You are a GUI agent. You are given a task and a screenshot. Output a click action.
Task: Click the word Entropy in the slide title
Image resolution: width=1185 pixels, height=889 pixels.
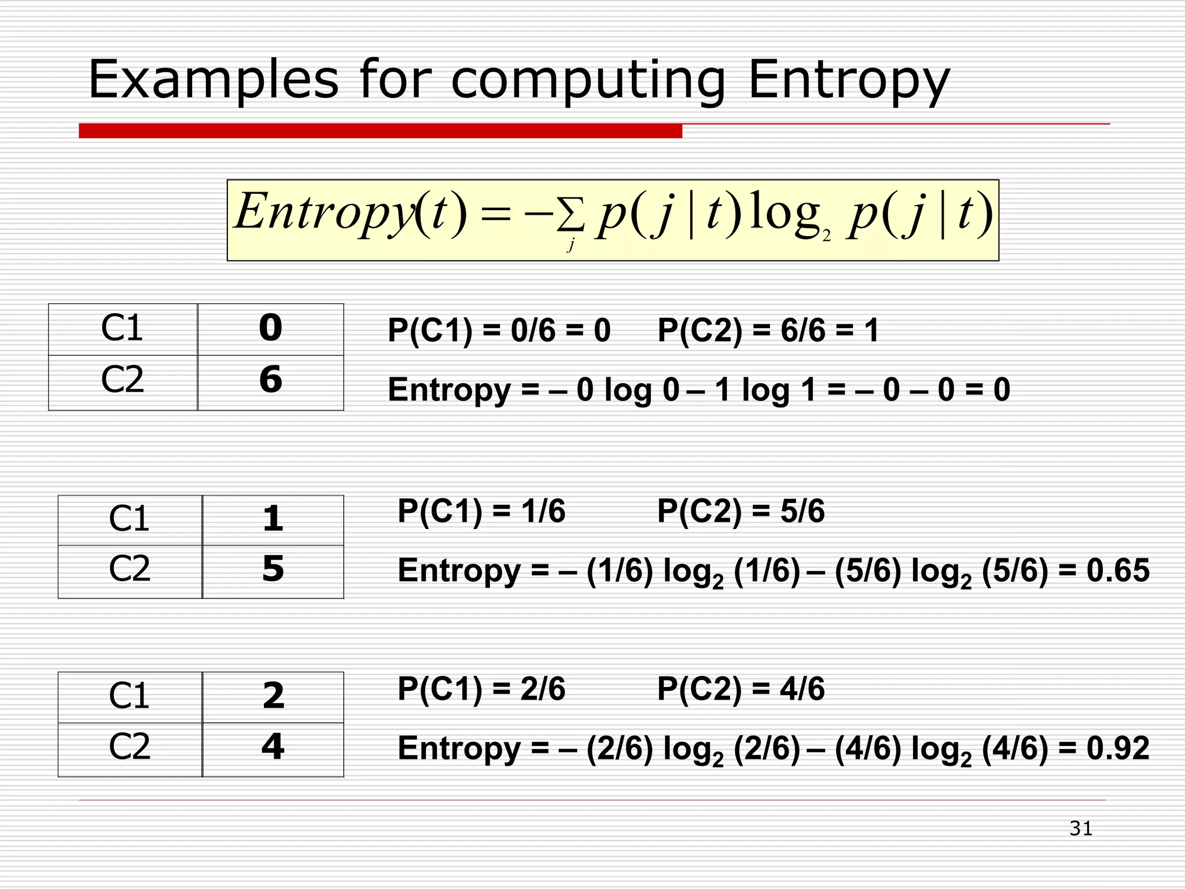tap(848, 81)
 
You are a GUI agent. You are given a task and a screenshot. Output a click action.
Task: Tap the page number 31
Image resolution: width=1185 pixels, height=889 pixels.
tap(1081, 828)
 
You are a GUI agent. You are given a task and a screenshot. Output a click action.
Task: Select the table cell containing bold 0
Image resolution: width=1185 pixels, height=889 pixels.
tap(271, 328)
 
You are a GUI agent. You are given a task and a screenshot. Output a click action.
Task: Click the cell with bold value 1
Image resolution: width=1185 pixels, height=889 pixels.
tap(273, 519)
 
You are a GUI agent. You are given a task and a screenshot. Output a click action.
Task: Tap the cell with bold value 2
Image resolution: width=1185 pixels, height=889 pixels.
tap(273, 696)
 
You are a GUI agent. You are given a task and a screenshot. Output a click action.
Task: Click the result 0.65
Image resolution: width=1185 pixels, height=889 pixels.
tap(1117, 571)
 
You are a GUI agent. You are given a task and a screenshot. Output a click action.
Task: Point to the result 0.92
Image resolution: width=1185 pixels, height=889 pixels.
tap(1117, 748)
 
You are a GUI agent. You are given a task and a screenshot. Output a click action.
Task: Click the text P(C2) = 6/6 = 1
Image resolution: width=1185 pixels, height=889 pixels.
tap(768, 331)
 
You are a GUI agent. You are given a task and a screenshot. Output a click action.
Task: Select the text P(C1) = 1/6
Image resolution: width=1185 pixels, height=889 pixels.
tap(481, 512)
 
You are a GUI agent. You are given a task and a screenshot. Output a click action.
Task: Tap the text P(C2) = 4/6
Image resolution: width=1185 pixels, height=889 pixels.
tap(741, 689)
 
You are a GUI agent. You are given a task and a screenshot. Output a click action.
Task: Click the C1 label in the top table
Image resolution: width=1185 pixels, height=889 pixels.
tap(122, 328)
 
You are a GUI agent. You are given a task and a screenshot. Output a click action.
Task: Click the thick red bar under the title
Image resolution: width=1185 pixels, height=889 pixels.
tap(380, 131)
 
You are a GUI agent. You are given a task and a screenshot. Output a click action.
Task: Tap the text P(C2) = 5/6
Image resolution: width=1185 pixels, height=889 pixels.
tap(741, 512)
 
